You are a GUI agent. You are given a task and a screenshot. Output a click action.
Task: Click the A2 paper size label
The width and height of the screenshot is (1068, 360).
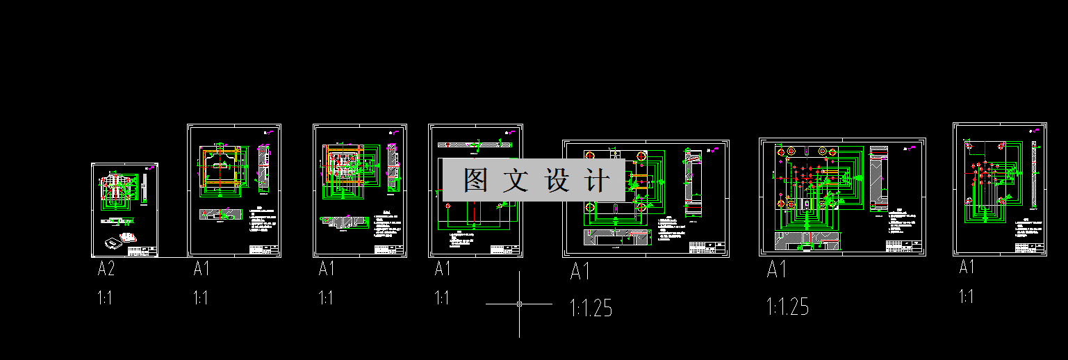pos(106,270)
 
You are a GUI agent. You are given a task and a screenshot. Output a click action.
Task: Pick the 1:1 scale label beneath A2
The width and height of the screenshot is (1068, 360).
pos(105,299)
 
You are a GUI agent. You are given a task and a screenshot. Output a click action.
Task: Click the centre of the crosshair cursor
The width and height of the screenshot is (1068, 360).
pos(519,304)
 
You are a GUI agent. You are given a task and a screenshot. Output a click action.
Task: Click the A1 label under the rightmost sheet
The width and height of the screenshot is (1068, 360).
pos(967,267)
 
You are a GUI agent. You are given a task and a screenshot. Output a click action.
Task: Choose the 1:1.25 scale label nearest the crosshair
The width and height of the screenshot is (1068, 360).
pos(591,307)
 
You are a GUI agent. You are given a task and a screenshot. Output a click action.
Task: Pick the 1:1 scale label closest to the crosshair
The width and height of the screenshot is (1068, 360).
pos(442,298)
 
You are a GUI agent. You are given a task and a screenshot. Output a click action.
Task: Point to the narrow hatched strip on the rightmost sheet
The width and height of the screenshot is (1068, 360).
pos(1034,174)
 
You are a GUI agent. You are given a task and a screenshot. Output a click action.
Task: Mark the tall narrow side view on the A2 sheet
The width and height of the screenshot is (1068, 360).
pos(145,187)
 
